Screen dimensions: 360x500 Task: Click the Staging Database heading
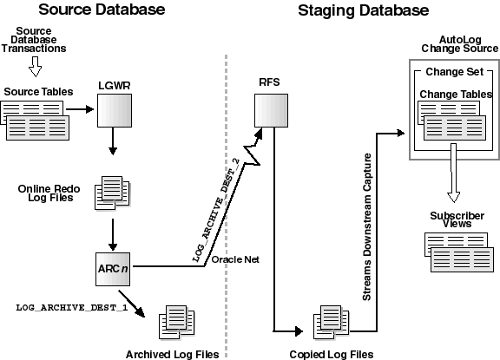pos(363,11)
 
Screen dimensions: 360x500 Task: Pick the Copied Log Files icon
pos(332,321)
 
